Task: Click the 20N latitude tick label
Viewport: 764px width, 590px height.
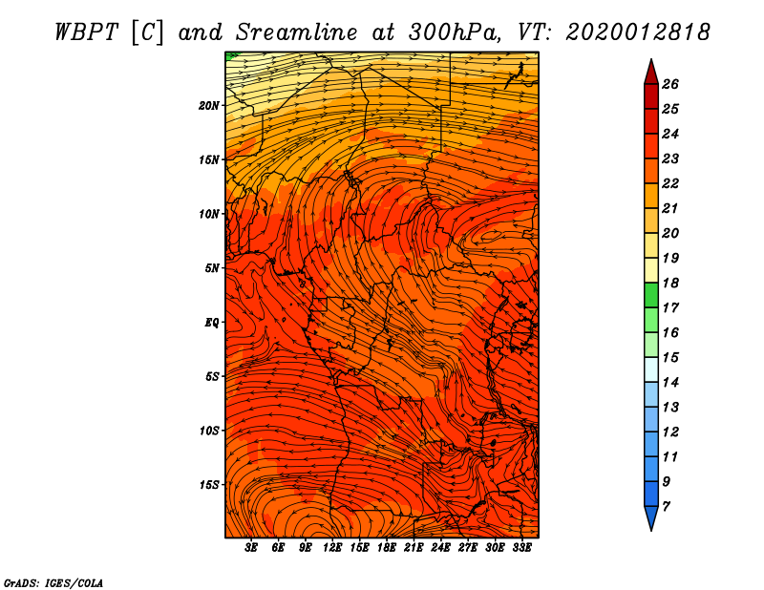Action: pos(209,106)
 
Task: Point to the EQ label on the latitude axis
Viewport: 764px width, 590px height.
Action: pos(212,323)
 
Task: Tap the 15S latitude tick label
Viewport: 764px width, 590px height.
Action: pos(209,485)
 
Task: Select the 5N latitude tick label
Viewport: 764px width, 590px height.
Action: pos(212,268)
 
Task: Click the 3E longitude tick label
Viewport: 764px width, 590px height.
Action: pos(251,547)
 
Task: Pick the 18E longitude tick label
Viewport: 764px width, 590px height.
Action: pos(387,547)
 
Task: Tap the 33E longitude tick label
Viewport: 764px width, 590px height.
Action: pos(521,547)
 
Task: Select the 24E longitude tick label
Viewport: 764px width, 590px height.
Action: pos(440,547)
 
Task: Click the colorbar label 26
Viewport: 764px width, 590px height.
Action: pos(670,84)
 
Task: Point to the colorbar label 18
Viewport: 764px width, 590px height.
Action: pos(670,283)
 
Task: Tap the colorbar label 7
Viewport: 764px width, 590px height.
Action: pos(666,507)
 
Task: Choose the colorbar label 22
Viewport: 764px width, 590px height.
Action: pos(670,183)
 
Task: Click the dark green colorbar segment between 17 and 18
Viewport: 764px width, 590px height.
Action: pos(651,295)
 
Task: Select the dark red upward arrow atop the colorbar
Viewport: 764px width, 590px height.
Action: pos(651,74)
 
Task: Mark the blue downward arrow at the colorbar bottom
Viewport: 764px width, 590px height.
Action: pos(651,517)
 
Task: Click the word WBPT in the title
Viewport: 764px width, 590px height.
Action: pos(86,32)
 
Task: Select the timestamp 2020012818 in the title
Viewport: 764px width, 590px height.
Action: pos(638,32)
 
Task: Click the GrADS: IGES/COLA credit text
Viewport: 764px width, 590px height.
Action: pos(53,582)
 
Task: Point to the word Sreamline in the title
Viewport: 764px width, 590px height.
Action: pos(297,32)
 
